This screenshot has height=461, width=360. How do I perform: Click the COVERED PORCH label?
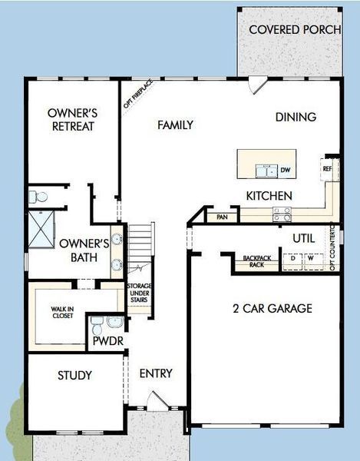pos(289,29)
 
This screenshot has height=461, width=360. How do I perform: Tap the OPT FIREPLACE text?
pos(138,93)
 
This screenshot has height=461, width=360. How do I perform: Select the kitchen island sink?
pos(266,170)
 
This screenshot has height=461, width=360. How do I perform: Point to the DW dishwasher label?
pos(286,171)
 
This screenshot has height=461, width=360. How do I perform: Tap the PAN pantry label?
pos(223,217)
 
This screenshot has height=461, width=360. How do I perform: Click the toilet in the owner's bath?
pos(35,197)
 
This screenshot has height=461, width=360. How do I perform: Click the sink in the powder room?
pos(115,321)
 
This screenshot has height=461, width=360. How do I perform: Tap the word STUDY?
pos(74,376)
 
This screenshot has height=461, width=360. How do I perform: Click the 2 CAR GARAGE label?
pos(272,309)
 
